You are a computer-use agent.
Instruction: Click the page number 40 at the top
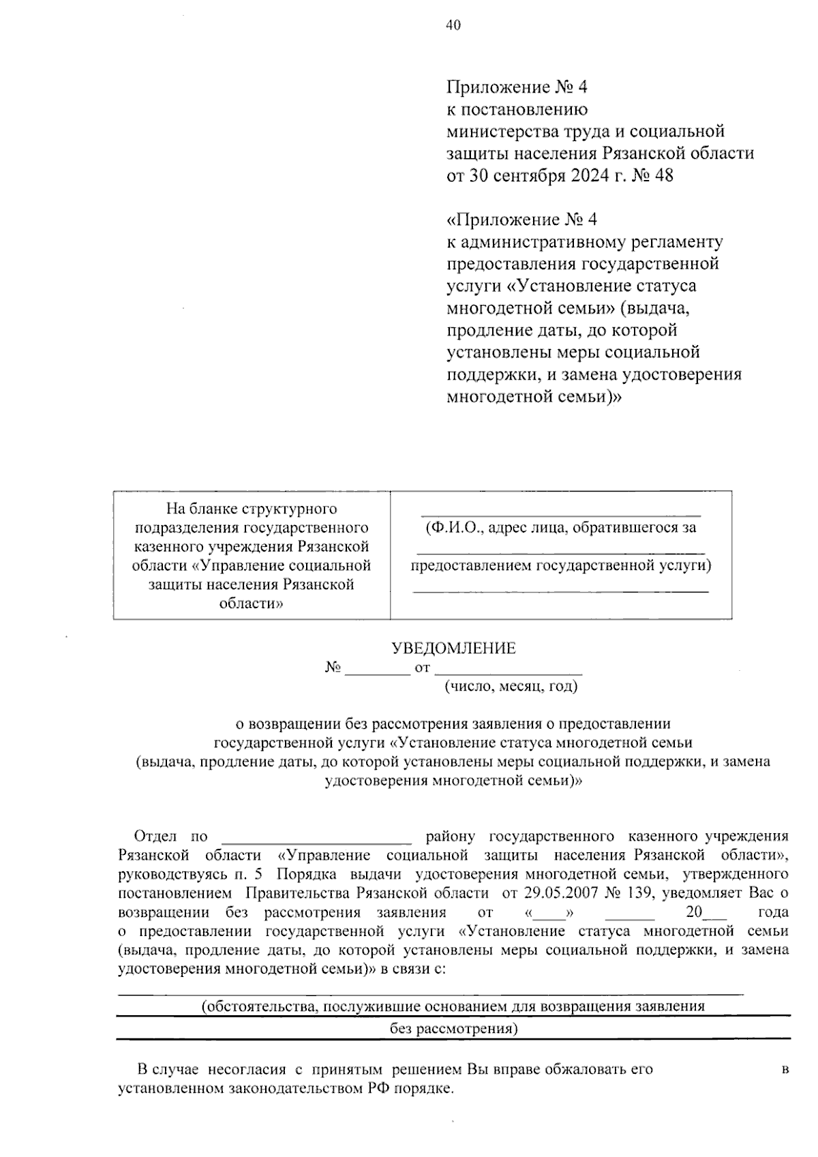pyautogui.click(x=453, y=26)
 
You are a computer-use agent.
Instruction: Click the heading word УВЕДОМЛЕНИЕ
pyautogui.click(x=453, y=648)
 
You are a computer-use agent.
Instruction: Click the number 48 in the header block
pyautogui.click(x=663, y=175)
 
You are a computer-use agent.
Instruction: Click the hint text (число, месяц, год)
pyautogui.click(x=511, y=687)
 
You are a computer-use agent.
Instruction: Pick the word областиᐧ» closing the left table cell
pyautogui.click(x=251, y=603)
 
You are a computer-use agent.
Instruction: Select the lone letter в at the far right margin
pyautogui.click(x=785, y=1069)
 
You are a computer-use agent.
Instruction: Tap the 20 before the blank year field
pyautogui.click(x=693, y=912)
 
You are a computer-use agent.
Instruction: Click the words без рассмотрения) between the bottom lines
pyautogui.click(x=453, y=1029)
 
